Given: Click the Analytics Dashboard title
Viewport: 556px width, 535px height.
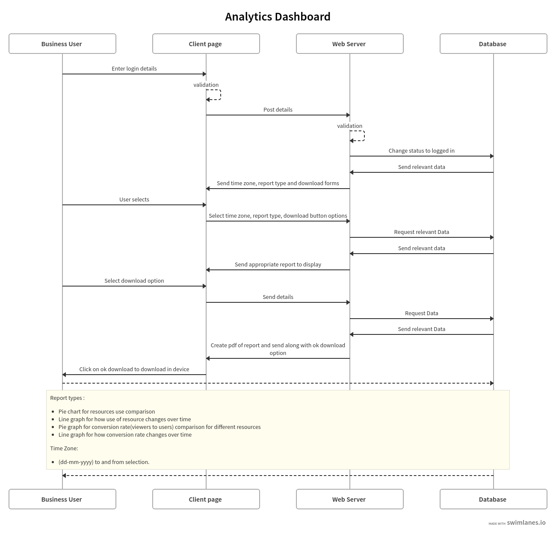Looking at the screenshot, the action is point(278,17).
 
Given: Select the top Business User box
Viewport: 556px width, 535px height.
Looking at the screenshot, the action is point(62,44).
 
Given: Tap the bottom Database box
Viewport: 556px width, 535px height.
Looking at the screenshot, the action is point(494,499).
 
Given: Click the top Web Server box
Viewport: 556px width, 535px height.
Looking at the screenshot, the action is point(350,44).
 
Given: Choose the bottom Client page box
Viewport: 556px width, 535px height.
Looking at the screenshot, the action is point(206,499).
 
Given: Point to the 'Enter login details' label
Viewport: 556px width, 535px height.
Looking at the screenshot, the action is point(134,68).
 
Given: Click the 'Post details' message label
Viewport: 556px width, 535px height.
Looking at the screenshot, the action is point(278,109).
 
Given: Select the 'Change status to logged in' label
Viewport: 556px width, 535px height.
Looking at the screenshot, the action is point(421,151).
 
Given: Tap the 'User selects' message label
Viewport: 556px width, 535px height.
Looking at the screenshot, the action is point(134,199).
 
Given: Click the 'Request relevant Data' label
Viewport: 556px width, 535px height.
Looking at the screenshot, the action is point(421,232).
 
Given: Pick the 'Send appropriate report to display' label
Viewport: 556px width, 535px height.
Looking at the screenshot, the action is point(278,264).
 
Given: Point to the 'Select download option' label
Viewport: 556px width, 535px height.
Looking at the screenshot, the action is point(134,281).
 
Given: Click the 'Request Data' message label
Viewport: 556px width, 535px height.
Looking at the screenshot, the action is point(421,313).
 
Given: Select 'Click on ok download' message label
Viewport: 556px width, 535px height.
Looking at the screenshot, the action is point(134,369).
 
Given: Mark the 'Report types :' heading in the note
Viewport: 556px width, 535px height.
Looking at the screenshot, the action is point(68,398).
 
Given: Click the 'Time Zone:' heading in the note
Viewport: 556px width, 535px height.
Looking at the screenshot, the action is point(64,448).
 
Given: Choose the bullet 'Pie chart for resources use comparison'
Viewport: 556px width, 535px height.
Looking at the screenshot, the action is point(106,411).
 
